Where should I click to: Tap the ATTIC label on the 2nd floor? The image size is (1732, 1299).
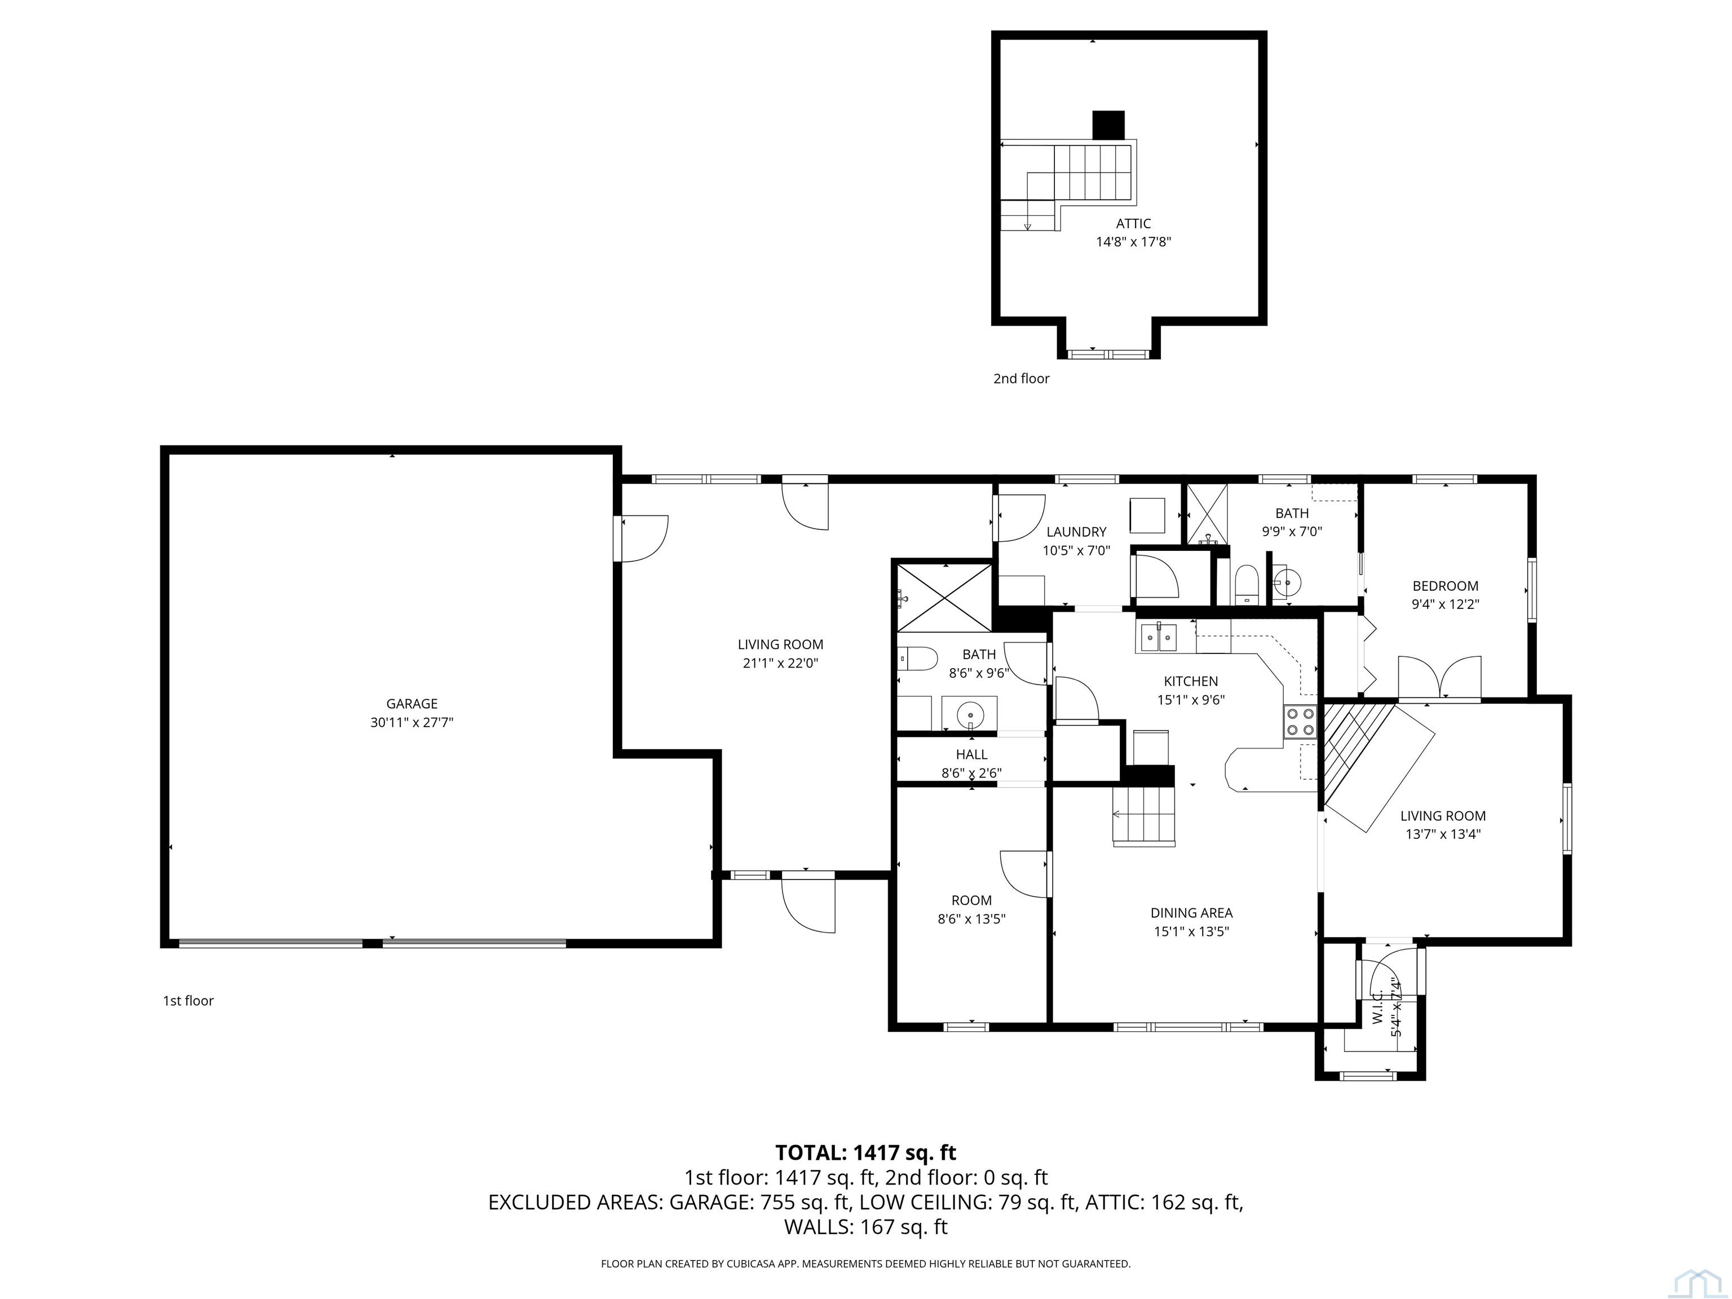[1133, 224]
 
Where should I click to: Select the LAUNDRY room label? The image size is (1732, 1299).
[1076, 532]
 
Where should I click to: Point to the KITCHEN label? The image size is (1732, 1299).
[1191, 681]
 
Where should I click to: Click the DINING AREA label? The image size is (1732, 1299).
[1191, 913]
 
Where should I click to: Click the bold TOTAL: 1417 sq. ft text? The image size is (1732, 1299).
[865, 1152]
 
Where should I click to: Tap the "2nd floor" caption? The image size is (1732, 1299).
[1021, 379]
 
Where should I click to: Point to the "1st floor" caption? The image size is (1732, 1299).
[188, 1001]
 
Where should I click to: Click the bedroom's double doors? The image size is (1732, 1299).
[1439, 677]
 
